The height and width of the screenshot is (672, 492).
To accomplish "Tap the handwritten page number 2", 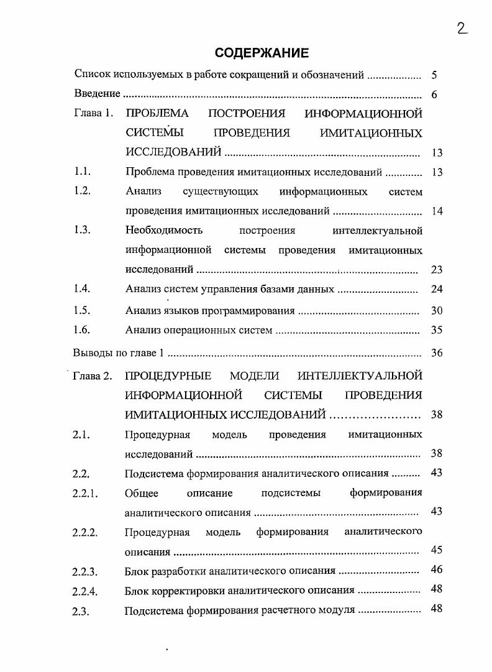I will (462, 27).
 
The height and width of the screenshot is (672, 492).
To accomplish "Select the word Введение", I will (97, 94).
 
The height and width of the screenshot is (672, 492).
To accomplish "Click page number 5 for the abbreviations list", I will (434, 75).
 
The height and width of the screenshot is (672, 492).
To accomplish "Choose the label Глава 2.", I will (93, 375).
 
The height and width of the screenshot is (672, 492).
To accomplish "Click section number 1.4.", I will (82, 288).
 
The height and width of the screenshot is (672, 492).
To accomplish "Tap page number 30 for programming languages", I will (436, 311).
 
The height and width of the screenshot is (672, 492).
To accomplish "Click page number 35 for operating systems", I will (436, 330).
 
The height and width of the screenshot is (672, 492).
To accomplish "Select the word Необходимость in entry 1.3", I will (164, 231).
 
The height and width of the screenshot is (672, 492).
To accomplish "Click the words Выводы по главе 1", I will (118, 352).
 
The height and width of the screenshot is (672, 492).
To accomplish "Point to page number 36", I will (436, 352).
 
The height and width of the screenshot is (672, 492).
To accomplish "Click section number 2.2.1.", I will (85, 494).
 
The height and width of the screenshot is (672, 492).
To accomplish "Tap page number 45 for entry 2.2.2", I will (436, 550).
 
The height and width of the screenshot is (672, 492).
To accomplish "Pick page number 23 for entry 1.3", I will (436, 270).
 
